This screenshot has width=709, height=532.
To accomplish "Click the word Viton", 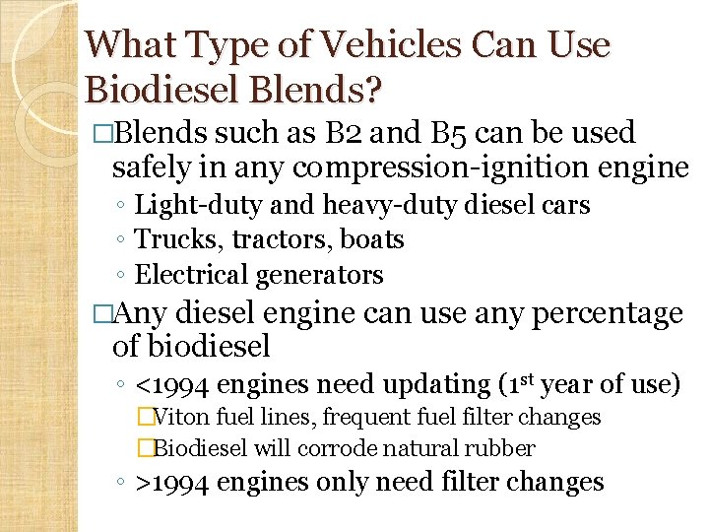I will pyautogui.click(x=182, y=418).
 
